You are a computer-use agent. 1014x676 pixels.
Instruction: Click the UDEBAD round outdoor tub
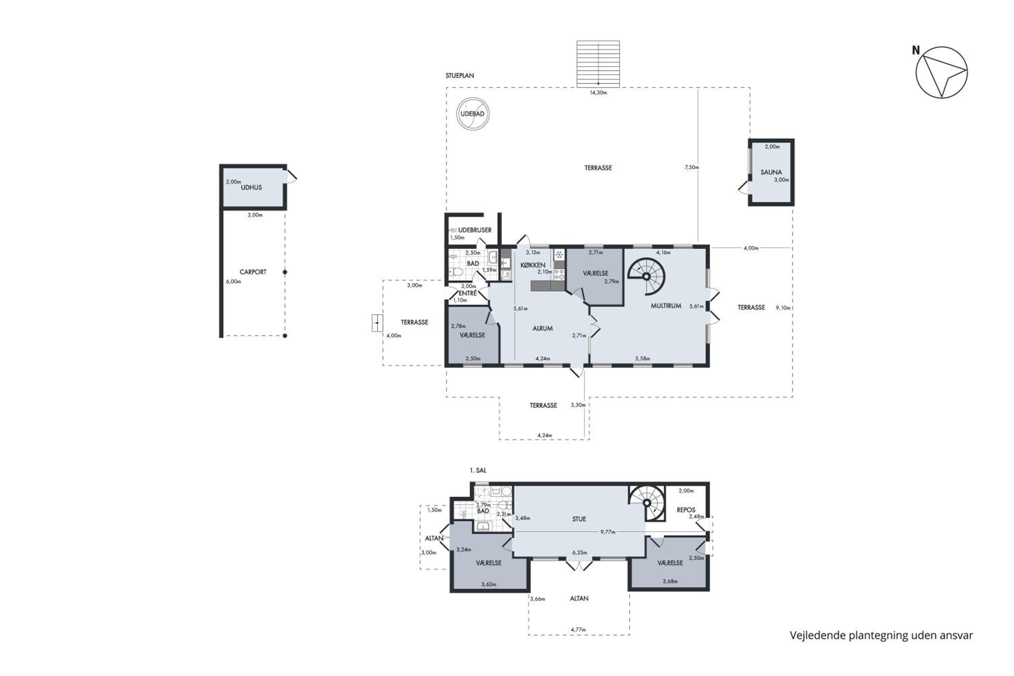(x=473, y=114)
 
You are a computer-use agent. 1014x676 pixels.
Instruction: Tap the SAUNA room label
(x=771, y=172)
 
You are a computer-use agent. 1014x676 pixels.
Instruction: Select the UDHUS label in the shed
(x=251, y=188)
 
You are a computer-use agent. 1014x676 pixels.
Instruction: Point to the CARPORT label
(x=253, y=272)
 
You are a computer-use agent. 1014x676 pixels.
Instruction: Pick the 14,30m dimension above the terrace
(x=598, y=93)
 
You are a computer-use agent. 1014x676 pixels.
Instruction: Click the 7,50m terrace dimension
(x=692, y=167)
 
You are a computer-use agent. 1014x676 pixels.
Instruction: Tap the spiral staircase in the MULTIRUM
(x=647, y=276)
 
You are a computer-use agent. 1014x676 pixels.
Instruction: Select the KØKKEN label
(x=533, y=265)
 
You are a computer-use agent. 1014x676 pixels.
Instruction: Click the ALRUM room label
(x=542, y=328)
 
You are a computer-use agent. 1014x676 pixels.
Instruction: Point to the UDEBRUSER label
(x=475, y=230)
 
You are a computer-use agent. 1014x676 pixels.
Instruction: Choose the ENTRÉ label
(x=468, y=293)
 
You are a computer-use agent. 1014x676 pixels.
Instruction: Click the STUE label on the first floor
(x=579, y=519)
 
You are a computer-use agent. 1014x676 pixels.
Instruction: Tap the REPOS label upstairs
(x=686, y=510)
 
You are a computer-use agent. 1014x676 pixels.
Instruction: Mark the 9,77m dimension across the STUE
(x=608, y=532)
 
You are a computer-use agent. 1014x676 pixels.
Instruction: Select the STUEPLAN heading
(x=460, y=75)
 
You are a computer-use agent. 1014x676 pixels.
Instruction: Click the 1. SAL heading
(x=478, y=470)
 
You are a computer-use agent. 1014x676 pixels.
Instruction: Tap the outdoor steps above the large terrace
(x=598, y=64)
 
